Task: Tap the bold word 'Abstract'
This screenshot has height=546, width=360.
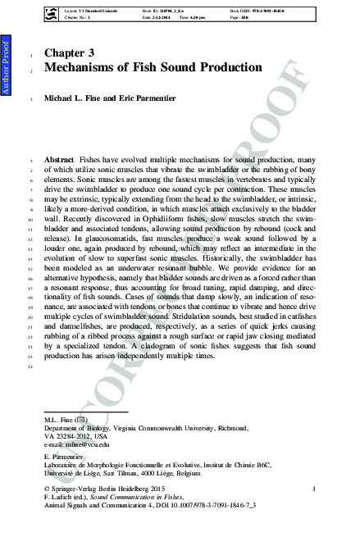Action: pyautogui.click(x=59, y=158)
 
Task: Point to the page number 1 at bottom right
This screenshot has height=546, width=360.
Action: pyautogui.click(x=314, y=489)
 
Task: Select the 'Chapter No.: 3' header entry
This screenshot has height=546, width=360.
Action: pyautogui.click(x=59, y=16)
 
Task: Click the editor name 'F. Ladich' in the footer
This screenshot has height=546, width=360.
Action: pyautogui.click(x=59, y=498)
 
